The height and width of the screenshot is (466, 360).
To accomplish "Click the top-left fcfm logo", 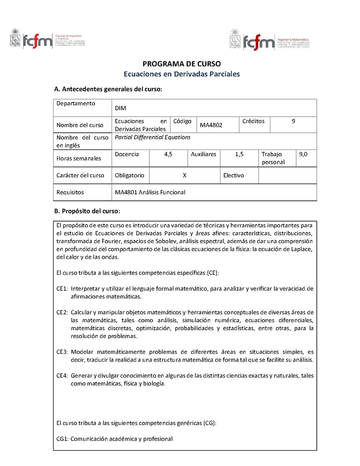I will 47,40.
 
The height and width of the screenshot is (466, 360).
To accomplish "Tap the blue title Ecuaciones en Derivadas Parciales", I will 182,74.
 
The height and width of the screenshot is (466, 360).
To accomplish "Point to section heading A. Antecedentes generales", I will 108,89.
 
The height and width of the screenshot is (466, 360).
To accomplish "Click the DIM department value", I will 120,108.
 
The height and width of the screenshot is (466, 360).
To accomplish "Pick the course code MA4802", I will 211,125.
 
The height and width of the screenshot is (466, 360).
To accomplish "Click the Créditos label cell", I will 253,121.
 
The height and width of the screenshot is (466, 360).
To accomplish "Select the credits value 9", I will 293,121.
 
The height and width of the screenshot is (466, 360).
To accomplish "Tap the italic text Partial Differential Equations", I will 153,137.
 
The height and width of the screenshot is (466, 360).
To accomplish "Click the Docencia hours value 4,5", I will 168,154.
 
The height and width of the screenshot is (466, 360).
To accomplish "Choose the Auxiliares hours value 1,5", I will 239,154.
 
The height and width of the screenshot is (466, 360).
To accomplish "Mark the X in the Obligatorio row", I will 184,175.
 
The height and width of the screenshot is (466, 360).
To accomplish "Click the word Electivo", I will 234,175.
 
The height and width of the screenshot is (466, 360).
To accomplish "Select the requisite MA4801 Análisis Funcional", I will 150,192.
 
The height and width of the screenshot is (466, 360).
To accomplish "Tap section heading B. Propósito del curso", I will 87,211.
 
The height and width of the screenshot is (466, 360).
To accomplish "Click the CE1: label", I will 62,288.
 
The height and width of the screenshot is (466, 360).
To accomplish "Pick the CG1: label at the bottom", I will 63,439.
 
